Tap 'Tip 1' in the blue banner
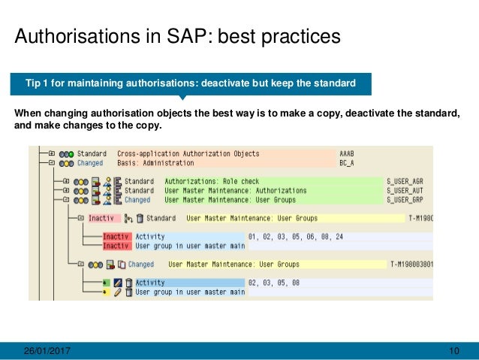tap(39, 83)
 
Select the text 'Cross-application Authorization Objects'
tap(188, 153)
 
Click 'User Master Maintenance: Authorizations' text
tap(235, 191)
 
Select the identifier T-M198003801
tap(411, 265)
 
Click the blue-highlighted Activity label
tap(149, 283)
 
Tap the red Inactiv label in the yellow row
tap(101, 219)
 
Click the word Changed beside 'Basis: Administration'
tap(90, 162)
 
